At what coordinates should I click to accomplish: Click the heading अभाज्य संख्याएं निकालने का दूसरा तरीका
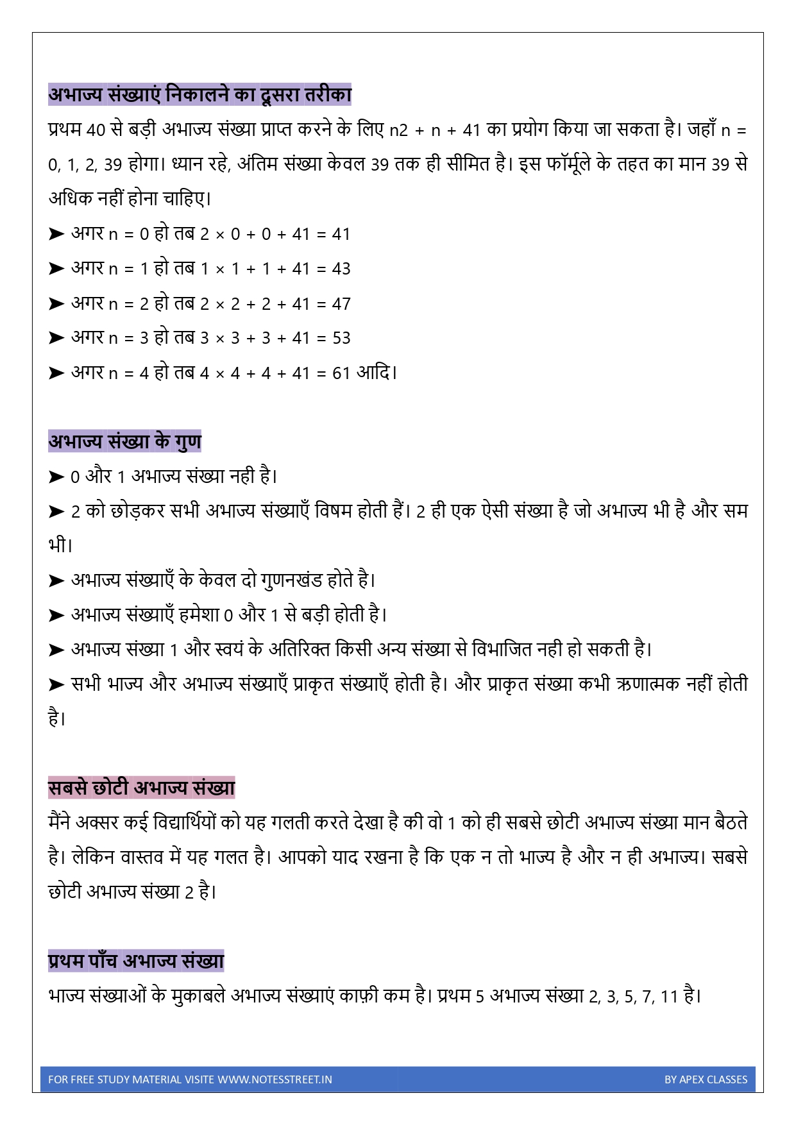(x=199, y=94)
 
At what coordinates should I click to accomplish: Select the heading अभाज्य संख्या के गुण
(x=124, y=441)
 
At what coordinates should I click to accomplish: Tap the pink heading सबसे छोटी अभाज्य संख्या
(x=141, y=788)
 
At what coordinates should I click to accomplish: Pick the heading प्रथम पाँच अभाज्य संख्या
(x=136, y=961)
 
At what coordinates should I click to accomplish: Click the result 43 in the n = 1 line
(x=341, y=269)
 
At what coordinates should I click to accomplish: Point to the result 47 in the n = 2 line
(x=341, y=303)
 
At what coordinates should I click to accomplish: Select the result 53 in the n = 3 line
(x=341, y=338)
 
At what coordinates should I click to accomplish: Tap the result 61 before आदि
(x=341, y=373)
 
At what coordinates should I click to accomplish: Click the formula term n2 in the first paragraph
(x=398, y=130)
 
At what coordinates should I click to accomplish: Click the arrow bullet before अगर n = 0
(x=56, y=234)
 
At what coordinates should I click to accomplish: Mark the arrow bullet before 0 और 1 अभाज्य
(x=56, y=477)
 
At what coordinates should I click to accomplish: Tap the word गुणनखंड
(x=292, y=580)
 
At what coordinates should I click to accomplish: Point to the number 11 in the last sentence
(x=669, y=996)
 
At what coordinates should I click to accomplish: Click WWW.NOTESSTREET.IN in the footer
(x=275, y=1079)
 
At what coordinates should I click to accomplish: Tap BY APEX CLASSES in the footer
(x=706, y=1079)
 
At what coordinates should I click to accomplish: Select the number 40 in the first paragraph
(x=96, y=130)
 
